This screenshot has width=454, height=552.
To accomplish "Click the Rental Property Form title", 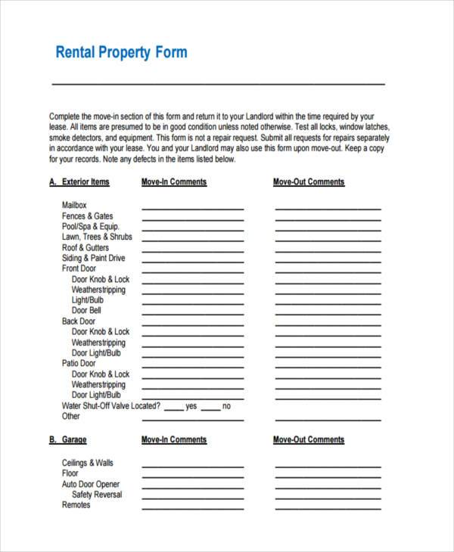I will point(121,53).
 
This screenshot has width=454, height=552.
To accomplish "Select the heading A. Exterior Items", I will point(79,182).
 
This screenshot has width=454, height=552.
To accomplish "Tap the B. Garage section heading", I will point(68,440).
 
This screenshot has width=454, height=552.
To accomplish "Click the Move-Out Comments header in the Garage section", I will point(308,440).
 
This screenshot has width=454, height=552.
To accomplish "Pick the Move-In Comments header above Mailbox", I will point(173,182).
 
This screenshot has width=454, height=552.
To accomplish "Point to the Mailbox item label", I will point(74,206).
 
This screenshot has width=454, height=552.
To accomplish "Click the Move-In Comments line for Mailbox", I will point(192,208).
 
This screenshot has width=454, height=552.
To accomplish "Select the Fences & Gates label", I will point(87,216).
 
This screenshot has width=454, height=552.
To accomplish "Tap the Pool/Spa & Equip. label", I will point(90,227).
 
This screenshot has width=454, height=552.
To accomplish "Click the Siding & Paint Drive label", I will point(93,259).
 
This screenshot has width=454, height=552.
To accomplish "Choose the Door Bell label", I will point(86,311).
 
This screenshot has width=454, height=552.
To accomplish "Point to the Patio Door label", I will point(79,364).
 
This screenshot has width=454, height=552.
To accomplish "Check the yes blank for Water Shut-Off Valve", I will point(173,408).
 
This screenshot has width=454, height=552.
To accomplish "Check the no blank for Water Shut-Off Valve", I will point(210,408).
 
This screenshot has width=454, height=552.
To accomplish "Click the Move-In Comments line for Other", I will point(192,419).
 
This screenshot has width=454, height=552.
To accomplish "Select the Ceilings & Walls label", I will point(87,463).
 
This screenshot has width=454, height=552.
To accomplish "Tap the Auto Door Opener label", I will point(90,484).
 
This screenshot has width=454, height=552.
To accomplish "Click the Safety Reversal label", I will point(96,495).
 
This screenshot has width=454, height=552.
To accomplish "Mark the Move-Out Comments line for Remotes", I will point(327,507).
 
